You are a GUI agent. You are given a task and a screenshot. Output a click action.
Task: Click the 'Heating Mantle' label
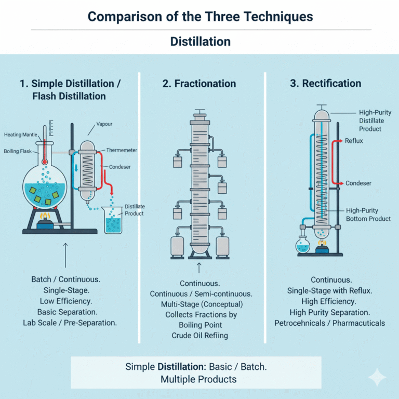pos(20,135)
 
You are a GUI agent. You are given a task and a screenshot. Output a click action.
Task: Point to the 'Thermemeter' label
pos(122,150)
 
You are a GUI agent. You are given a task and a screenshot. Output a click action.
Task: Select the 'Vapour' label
pos(105,125)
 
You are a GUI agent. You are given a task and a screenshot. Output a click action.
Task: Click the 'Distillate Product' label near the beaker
pos(134,209)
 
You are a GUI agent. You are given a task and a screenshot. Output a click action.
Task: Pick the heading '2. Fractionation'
pos(199,84)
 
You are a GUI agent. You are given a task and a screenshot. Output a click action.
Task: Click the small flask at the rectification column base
pos(302,244)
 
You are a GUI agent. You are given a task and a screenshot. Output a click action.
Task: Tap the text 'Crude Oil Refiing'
pos(199,336)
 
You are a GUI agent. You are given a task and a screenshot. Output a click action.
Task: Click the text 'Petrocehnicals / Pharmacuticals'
pos(330,323)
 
